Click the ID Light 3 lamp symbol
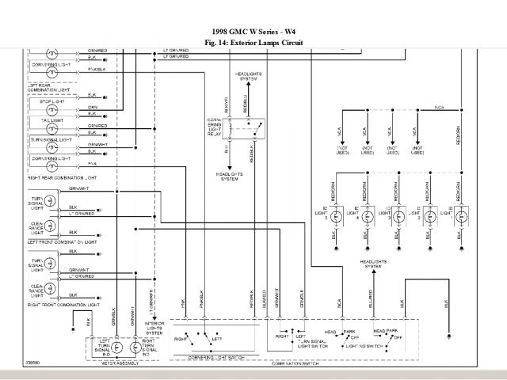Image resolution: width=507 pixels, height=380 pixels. point(397,214)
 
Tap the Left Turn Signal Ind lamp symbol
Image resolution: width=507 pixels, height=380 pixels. point(115,348)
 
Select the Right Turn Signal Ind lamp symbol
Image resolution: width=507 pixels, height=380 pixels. point(135,348)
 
